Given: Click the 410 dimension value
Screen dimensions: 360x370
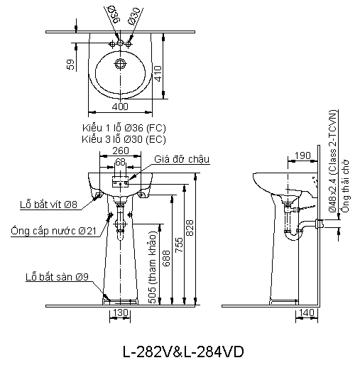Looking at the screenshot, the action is click(x=158, y=74).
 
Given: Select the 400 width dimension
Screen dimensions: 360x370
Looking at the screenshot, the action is click(x=120, y=107).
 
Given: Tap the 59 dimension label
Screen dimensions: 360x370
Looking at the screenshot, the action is click(x=70, y=65).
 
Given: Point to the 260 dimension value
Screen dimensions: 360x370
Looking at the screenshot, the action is click(x=121, y=151).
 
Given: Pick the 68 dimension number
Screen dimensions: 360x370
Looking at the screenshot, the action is click(x=120, y=162).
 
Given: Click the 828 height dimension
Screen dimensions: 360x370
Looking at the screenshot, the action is click(x=190, y=228).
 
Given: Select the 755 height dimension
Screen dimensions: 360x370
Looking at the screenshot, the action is click(x=179, y=245).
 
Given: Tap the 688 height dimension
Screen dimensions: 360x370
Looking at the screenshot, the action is click(x=166, y=259).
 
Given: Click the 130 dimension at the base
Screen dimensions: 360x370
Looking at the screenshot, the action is click(x=121, y=312).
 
